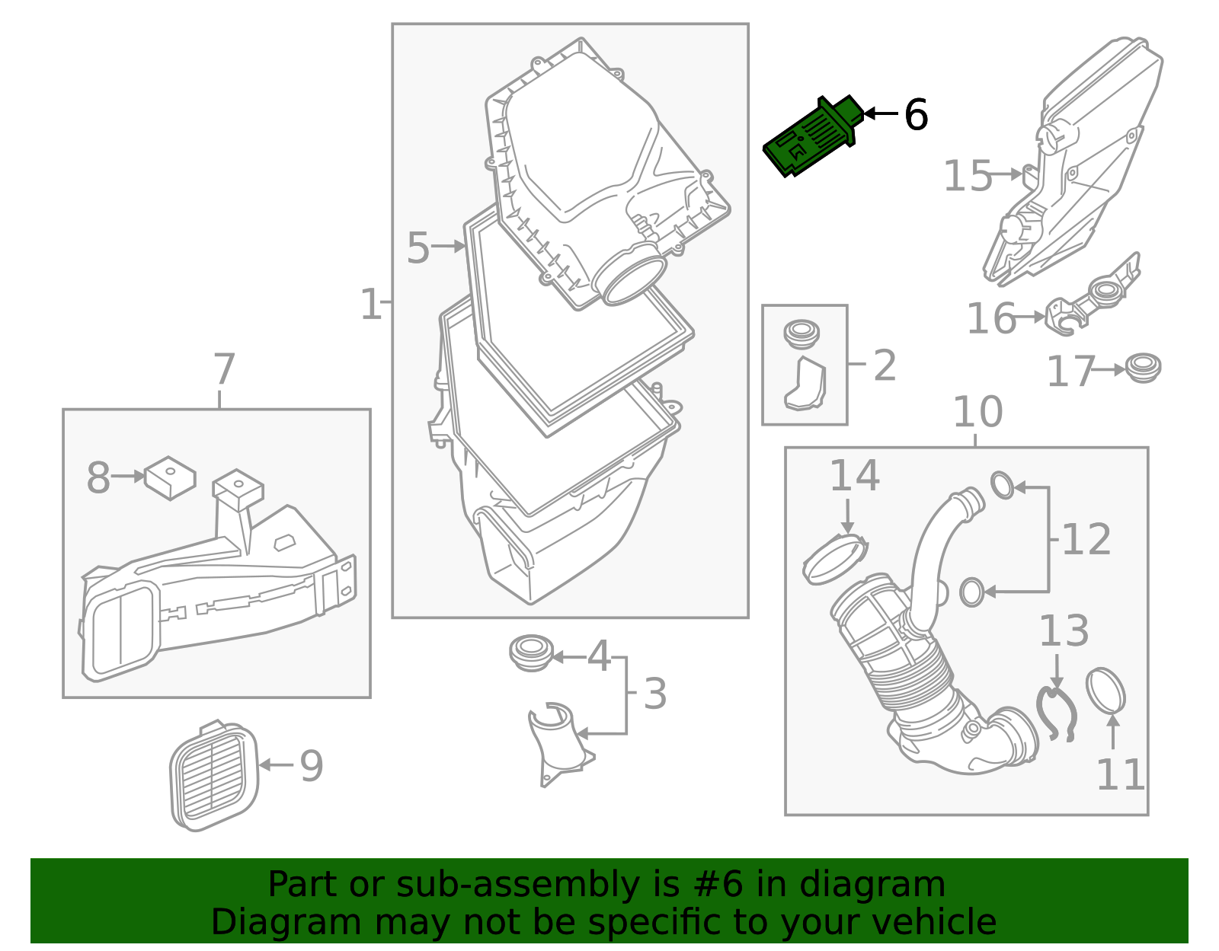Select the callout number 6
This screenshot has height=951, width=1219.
tap(916, 116)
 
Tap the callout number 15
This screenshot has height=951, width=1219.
tap(968, 177)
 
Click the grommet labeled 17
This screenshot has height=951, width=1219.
tap(1142, 368)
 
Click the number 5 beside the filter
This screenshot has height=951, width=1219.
tap(418, 248)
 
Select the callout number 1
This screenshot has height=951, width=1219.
tap(370, 305)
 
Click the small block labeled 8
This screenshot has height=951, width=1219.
tap(170, 477)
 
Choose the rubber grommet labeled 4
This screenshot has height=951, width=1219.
tap(530, 653)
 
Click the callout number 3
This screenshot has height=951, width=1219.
tap(655, 694)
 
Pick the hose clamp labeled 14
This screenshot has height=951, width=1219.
tap(836, 560)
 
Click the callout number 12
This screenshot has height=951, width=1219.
tap(1086, 540)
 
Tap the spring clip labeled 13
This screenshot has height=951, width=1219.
tap(1056, 713)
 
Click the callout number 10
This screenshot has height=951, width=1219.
tap(977, 412)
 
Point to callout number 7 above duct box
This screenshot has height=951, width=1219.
tap(223, 370)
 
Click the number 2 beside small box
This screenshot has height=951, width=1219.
tap(884, 365)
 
